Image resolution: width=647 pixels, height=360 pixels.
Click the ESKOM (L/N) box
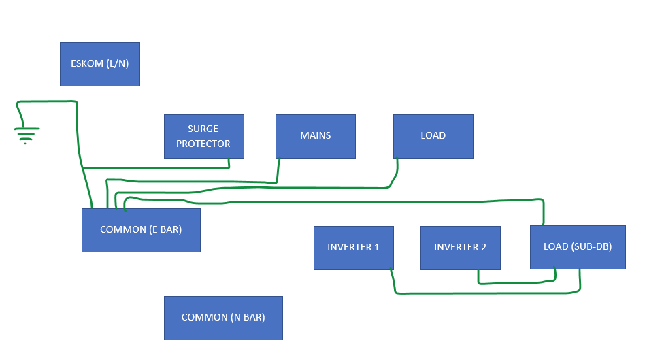coord(100,64)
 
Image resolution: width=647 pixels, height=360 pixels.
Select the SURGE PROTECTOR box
coord(204,136)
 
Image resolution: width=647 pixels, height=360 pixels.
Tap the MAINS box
coord(316,136)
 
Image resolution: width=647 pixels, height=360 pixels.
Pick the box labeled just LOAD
coord(433,136)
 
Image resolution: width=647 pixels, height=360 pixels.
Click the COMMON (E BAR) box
coord(141,230)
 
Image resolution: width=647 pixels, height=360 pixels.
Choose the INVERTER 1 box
coord(354,248)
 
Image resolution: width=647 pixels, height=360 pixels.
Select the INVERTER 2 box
coord(461,248)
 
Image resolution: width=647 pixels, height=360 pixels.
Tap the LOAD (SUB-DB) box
coord(578,247)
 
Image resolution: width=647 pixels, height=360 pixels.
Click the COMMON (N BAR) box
coord(223,318)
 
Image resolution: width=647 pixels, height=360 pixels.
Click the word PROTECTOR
coord(203,144)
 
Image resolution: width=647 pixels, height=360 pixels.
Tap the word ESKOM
coord(87,63)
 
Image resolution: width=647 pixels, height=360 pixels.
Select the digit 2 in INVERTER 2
coord(484,247)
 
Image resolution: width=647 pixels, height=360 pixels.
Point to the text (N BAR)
coord(248,317)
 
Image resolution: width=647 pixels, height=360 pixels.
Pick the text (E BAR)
coord(165,229)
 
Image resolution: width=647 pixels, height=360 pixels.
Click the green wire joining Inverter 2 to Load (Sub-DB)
coord(516,283)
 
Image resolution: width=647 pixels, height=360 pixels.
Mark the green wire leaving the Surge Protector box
coord(156,168)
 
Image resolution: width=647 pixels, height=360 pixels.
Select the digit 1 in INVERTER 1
coord(376,247)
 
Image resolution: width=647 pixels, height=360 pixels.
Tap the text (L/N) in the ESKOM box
coord(118,63)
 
